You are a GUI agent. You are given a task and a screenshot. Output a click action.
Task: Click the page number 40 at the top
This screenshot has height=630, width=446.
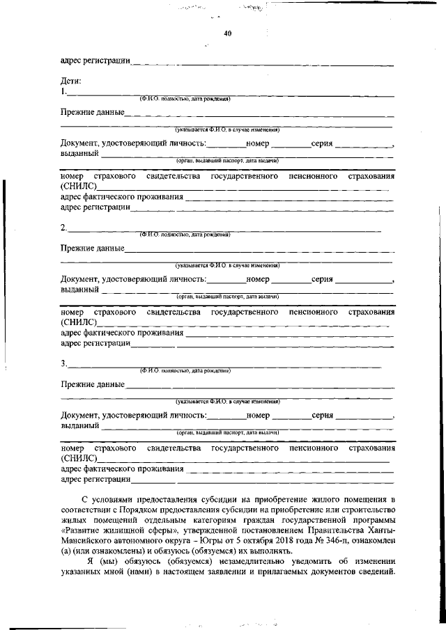(x=228, y=33)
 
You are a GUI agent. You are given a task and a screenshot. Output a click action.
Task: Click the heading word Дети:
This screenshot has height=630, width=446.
(x=72, y=81)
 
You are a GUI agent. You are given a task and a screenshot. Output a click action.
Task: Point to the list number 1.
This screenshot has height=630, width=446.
(x=63, y=91)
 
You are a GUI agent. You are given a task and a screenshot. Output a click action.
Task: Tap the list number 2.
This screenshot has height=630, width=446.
(x=63, y=228)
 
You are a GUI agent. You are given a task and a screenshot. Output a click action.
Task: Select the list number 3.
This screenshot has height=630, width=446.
(x=63, y=363)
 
